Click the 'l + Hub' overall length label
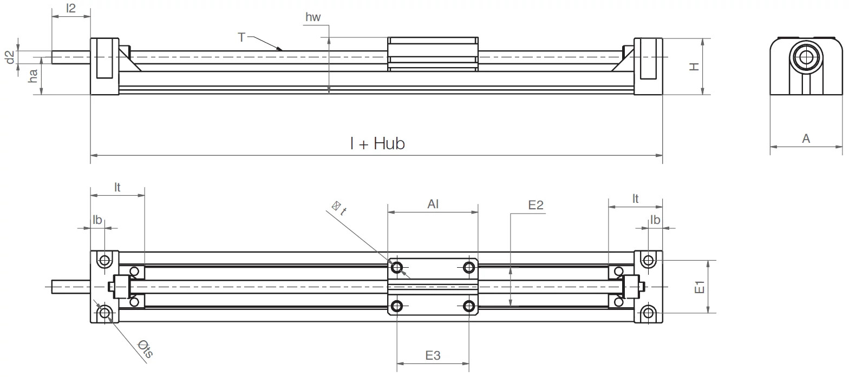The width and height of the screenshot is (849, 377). (x=377, y=144)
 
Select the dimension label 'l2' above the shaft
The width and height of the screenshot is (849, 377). (x=70, y=8)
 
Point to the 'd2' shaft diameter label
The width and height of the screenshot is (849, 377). (x=9, y=57)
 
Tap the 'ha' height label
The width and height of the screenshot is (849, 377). (x=34, y=76)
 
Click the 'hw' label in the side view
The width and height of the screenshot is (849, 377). (x=313, y=17)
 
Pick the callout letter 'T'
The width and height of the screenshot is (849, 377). (x=241, y=37)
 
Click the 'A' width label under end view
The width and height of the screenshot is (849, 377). (x=806, y=139)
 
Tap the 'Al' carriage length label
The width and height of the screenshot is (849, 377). (x=433, y=204)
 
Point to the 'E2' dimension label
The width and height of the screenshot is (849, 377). (x=536, y=205)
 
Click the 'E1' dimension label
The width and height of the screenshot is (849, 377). (x=700, y=287)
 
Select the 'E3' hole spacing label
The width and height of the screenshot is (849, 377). (x=433, y=355)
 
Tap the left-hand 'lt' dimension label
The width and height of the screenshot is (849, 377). (x=117, y=187)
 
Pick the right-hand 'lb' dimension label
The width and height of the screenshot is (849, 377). (x=655, y=220)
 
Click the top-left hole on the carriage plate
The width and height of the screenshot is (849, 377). (x=397, y=267)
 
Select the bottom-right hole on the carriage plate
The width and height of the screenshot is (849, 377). (x=469, y=306)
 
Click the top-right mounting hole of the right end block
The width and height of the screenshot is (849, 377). (x=648, y=261)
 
